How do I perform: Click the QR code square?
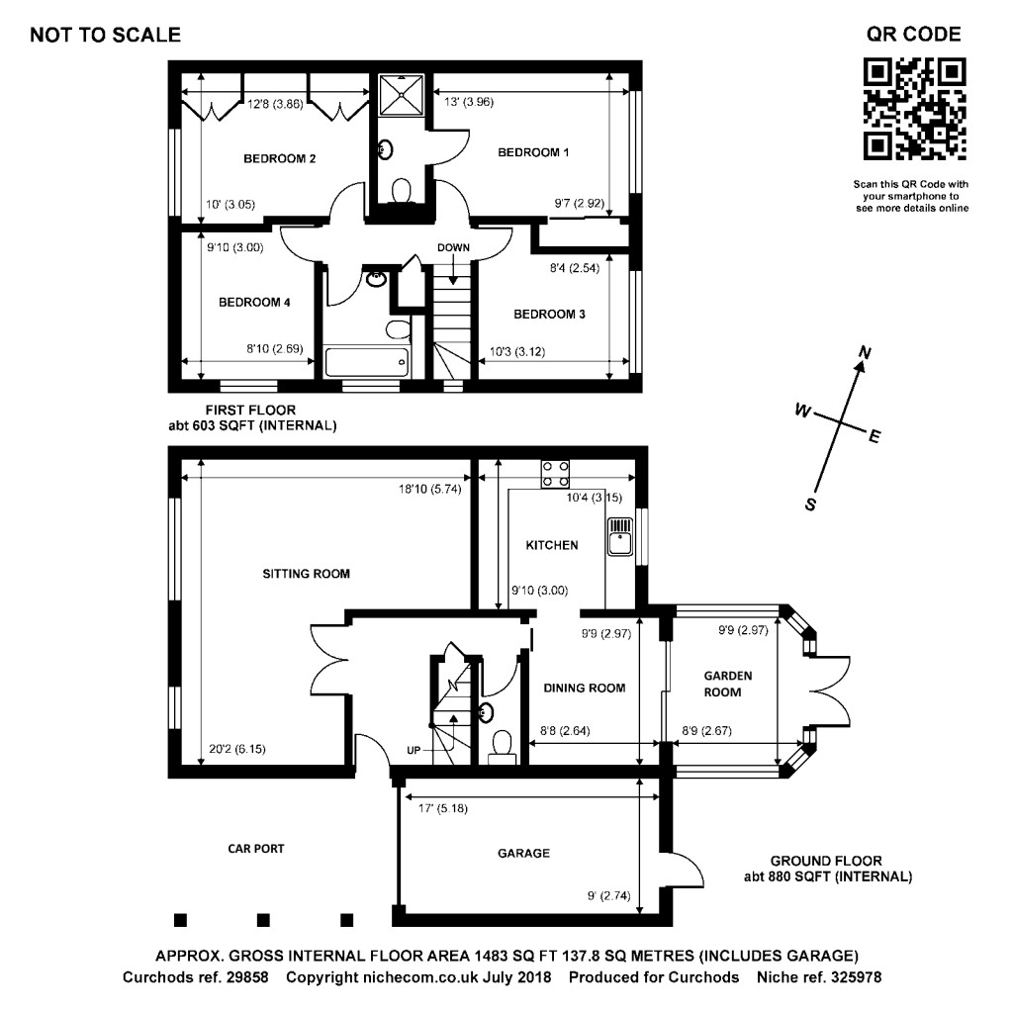[x=914, y=109]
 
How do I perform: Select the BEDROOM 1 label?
[x=533, y=152]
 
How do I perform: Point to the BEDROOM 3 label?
[x=549, y=314]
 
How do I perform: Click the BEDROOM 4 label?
[x=254, y=303]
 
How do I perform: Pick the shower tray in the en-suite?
[x=402, y=96]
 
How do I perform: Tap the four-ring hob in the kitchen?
[x=555, y=474]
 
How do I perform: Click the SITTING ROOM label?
[x=306, y=574]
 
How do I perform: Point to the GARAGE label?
[x=523, y=853]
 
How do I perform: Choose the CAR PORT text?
[x=256, y=848]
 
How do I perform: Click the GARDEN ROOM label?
[x=728, y=684]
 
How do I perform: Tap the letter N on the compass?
[x=865, y=352]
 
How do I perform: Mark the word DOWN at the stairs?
[x=453, y=247]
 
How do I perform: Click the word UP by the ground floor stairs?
[x=414, y=750]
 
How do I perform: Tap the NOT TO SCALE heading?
[x=105, y=36]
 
